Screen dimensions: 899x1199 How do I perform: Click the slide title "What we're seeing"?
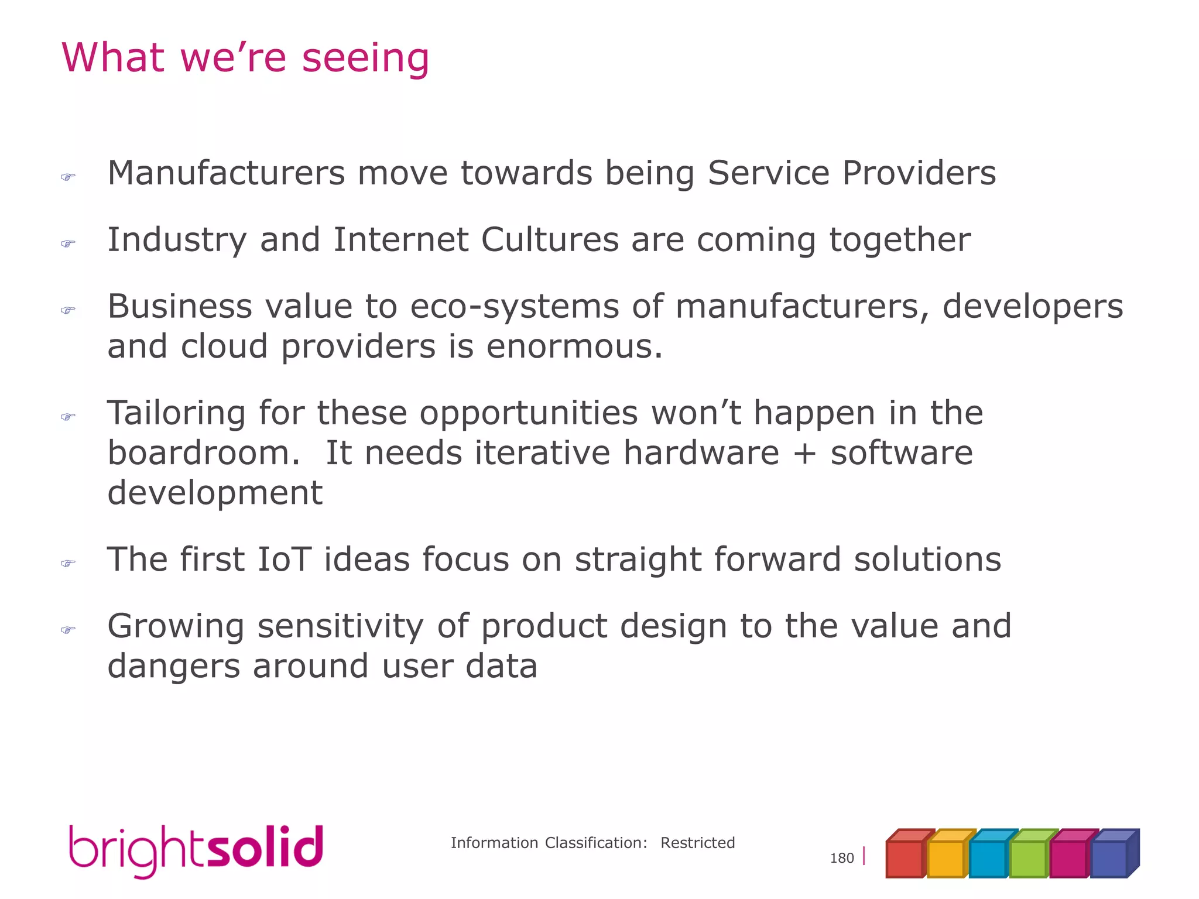pyautogui.click(x=245, y=58)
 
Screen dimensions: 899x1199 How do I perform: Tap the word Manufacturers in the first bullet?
pyautogui.click(x=226, y=173)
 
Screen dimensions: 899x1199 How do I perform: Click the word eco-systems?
pyautogui.click(x=514, y=307)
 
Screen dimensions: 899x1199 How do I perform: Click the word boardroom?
pyautogui.click(x=199, y=453)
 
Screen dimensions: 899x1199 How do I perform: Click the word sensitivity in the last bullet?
pyautogui.click(x=340, y=626)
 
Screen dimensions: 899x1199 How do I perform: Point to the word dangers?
pyautogui.click(x=173, y=666)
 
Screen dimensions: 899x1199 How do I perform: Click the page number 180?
pyautogui.click(x=842, y=858)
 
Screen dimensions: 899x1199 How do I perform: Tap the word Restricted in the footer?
pyautogui.click(x=697, y=843)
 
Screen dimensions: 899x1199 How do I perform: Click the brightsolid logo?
pyautogui.click(x=196, y=850)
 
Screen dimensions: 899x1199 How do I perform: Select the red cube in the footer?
pyautogui.click(x=905, y=857)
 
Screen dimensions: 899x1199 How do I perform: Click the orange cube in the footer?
pyautogui.click(x=946, y=857)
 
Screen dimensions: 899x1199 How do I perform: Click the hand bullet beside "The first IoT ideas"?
pyautogui.click(x=68, y=564)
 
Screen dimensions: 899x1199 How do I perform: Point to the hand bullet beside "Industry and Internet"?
pyautogui.click(x=68, y=243)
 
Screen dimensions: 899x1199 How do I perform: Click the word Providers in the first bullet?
pyautogui.click(x=919, y=173)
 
